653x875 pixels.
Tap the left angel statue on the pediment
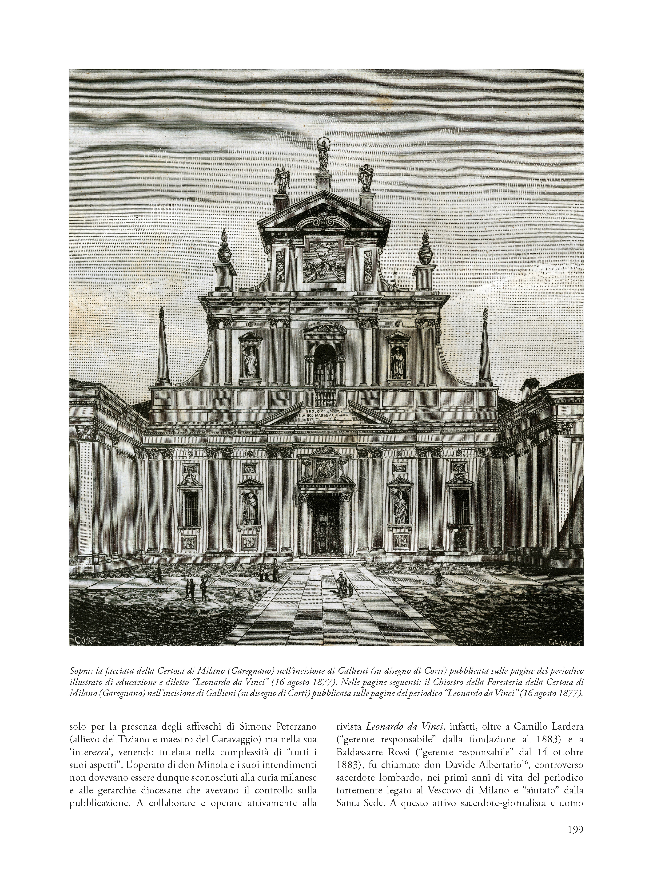[x=282, y=179]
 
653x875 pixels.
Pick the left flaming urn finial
[x=224, y=247]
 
